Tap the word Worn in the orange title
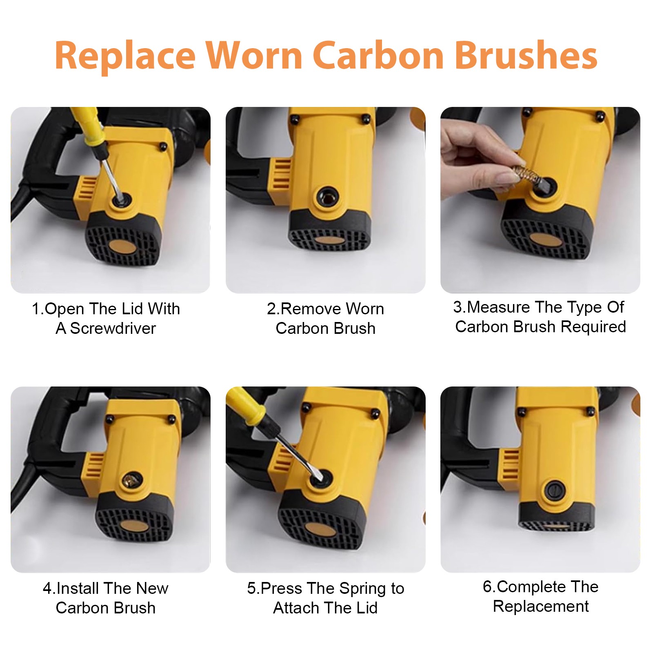(253, 56)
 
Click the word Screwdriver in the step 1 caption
(113, 329)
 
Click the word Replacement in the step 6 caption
(541, 606)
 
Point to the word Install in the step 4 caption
(78, 589)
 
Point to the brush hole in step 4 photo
(131, 480)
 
